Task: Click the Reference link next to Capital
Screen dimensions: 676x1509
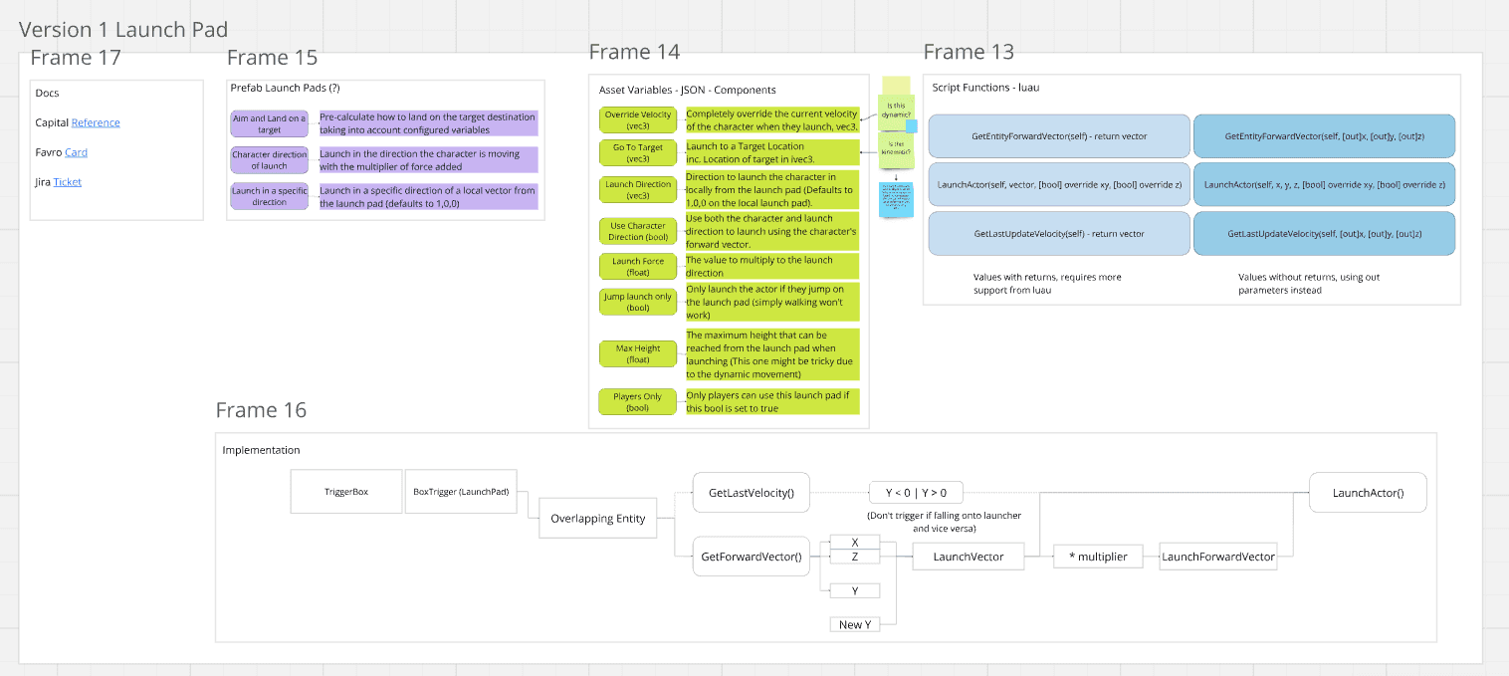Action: click(x=96, y=122)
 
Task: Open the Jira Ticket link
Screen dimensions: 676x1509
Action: click(x=68, y=182)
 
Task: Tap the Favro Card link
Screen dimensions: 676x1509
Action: click(x=76, y=152)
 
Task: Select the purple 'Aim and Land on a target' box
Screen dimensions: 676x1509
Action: click(x=269, y=123)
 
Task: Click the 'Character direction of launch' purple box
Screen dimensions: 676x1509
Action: click(x=269, y=160)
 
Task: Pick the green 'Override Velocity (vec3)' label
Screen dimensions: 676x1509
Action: click(x=638, y=120)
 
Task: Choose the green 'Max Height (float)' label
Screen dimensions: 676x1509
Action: click(x=638, y=353)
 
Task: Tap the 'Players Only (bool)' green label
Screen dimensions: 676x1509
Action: click(x=638, y=401)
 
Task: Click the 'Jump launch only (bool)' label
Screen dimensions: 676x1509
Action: click(x=638, y=302)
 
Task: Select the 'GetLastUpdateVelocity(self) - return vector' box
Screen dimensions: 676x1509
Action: click(x=1059, y=234)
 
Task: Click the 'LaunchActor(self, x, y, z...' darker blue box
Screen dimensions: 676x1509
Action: click(x=1324, y=185)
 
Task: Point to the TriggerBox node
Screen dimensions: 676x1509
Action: click(x=346, y=492)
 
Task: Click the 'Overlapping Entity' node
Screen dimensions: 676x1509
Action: click(x=598, y=518)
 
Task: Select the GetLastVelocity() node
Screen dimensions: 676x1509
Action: click(x=751, y=492)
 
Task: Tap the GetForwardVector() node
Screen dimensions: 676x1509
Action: click(x=751, y=557)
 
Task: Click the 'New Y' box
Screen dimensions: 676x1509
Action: click(x=855, y=624)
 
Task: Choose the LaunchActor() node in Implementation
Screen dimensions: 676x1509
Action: click(x=1367, y=492)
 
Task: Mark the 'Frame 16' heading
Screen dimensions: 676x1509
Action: click(x=261, y=410)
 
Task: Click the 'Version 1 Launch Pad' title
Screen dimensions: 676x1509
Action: click(x=123, y=30)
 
